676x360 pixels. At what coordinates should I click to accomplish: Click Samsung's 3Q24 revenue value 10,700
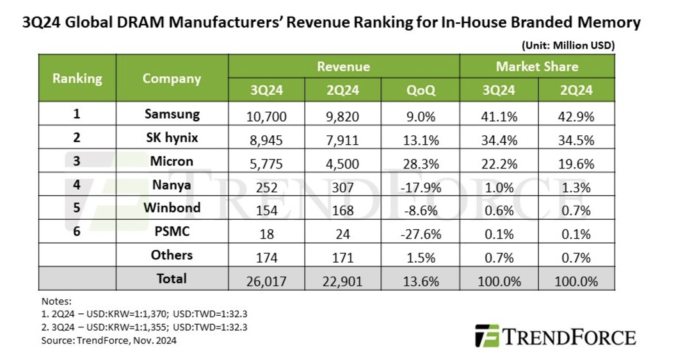pyautogui.click(x=267, y=117)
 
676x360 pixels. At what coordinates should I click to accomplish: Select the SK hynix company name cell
pyautogui.click(x=172, y=138)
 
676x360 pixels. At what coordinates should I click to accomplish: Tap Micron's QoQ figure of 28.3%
pyautogui.click(x=421, y=163)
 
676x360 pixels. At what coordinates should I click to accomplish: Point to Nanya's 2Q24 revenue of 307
pyautogui.click(x=343, y=186)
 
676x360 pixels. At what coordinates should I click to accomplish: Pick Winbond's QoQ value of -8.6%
pyautogui.click(x=421, y=210)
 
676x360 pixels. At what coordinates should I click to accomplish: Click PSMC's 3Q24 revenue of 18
pyautogui.click(x=267, y=234)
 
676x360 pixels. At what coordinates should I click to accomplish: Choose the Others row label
pyautogui.click(x=172, y=256)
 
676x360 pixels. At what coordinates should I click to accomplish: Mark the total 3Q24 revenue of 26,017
pyautogui.click(x=267, y=281)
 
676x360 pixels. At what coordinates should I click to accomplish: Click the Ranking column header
pyautogui.click(x=77, y=78)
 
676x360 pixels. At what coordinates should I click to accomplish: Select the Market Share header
pyautogui.click(x=536, y=67)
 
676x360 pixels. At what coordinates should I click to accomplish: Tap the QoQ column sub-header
pyautogui.click(x=421, y=90)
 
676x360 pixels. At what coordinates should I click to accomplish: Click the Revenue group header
pyautogui.click(x=343, y=67)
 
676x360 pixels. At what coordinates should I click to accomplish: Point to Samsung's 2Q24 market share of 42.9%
pyautogui.click(x=576, y=117)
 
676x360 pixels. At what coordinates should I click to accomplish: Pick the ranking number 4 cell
pyautogui.click(x=77, y=186)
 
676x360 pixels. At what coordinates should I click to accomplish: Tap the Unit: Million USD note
pyautogui.click(x=568, y=45)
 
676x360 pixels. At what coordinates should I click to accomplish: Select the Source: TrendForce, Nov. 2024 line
pyautogui.click(x=108, y=340)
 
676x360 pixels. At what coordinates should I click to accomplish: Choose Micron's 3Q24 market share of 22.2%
pyautogui.click(x=498, y=163)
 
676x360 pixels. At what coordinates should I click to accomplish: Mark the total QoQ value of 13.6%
pyautogui.click(x=421, y=281)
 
